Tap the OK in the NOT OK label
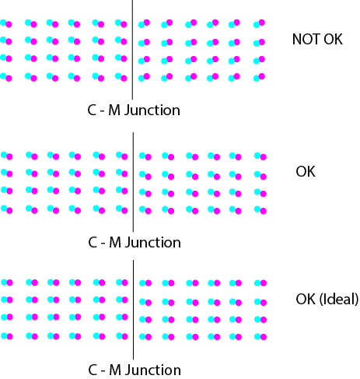(334, 39)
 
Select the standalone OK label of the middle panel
(306, 172)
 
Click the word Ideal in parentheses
(339, 299)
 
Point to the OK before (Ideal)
(306, 299)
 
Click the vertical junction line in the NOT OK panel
(132, 50)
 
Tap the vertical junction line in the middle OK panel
(133, 182)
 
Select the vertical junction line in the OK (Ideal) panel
(133, 310)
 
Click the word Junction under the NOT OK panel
(152, 111)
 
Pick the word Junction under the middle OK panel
(153, 243)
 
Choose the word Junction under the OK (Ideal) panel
(153, 370)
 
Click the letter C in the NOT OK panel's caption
(92, 111)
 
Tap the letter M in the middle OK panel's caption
(115, 243)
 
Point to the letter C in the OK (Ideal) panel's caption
(93, 370)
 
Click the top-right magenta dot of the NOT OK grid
(262, 23)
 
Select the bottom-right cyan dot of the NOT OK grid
(257, 79)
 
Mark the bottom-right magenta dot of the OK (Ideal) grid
(264, 337)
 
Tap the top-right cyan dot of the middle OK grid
(257, 156)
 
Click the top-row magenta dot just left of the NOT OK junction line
(124, 24)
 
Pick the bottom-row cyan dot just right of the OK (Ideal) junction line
(142, 336)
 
